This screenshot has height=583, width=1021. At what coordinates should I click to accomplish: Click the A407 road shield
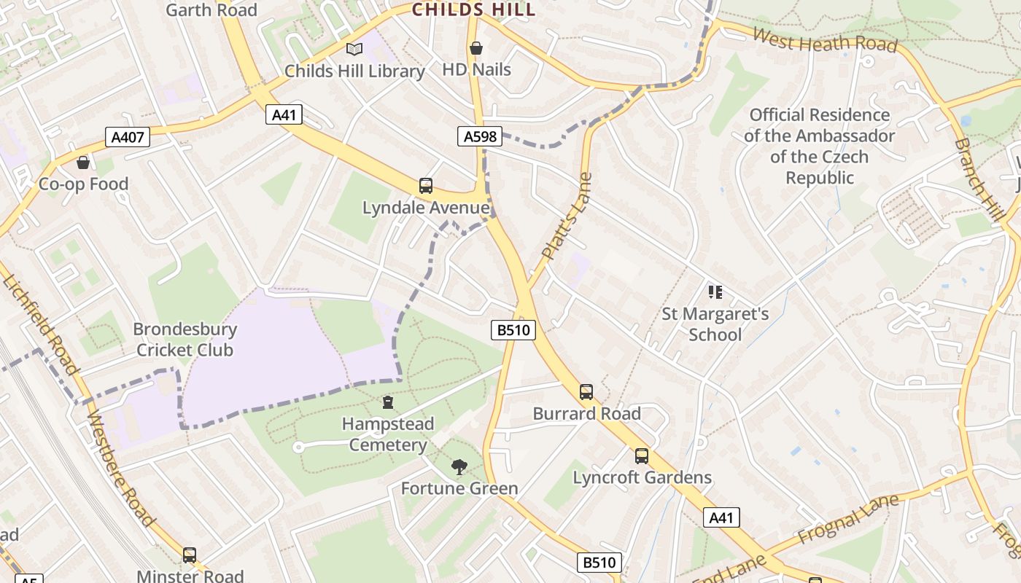[128, 137]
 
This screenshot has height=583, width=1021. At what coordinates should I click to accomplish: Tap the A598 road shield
[480, 136]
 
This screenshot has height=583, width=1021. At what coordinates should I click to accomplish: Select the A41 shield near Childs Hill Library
[283, 114]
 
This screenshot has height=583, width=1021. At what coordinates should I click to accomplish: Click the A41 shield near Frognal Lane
[721, 517]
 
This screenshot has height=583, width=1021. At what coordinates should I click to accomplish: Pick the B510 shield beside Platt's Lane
[513, 330]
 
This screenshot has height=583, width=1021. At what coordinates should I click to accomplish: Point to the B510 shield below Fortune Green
[600, 563]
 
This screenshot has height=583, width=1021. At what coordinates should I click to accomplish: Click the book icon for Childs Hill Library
[354, 49]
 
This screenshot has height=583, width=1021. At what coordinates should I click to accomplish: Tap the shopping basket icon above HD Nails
[476, 48]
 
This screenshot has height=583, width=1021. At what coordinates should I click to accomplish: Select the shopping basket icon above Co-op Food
[83, 162]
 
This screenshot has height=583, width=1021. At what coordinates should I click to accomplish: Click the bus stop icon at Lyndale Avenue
[426, 186]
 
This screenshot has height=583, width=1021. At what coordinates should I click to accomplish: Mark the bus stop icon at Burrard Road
[586, 392]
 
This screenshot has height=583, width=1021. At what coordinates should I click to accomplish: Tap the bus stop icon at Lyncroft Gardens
[642, 456]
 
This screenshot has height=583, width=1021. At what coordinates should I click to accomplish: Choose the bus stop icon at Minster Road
[190, 555]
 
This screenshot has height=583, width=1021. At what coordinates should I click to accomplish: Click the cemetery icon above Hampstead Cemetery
[388, 402]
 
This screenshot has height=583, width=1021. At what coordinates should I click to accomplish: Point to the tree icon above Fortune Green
[459, 466]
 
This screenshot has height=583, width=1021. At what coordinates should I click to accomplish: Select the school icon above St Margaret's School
[715, 292]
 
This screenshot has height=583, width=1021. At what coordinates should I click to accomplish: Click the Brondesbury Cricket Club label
[185, 340]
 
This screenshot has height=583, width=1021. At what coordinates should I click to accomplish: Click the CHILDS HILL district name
[474, 9]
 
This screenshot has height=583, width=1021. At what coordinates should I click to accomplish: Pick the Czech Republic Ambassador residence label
[820, 146]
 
